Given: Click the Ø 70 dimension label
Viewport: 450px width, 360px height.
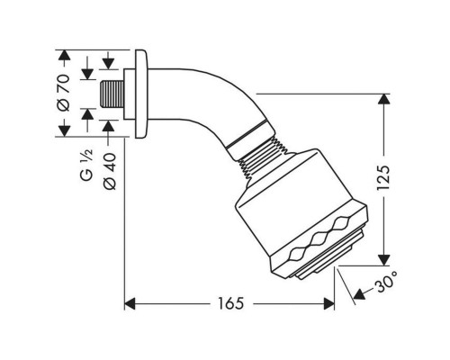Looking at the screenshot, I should pyautogui.click(x=64, y=94).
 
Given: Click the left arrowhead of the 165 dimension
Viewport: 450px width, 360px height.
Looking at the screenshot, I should pyautogui.click(x=129, y=303).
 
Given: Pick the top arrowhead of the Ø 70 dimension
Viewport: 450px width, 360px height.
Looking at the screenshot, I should pyautogui.click(x=64, y=56).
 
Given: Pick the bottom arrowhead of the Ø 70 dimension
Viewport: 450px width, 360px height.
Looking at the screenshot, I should pyautogui.click(x=64, y=131).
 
